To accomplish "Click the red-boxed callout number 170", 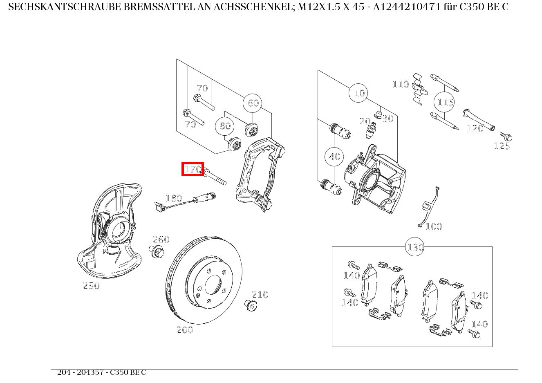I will pos(193,169).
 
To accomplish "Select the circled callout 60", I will pos(253,103).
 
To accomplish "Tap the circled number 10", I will pos(359,93).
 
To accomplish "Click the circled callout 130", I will pos(415,247).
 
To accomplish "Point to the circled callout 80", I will pos(225,126).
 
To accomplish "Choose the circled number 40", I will pos(334,157).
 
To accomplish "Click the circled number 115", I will pos(445,102).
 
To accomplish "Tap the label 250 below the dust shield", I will pos(91,286).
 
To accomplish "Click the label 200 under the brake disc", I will pos(185,330).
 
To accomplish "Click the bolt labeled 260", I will pos(157,251).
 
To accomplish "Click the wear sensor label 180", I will pos(174,199).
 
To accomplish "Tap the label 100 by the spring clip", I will pos(434,226).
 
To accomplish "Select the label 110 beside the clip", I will pos(401,84).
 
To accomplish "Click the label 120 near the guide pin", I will pos(475,128).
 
